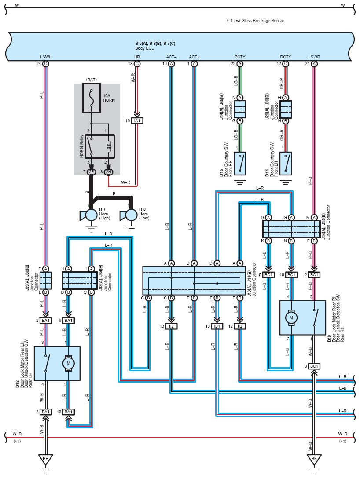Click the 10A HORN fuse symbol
pos(92,98)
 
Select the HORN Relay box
pos(99,146)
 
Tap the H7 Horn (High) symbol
pos(88,215)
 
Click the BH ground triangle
pos(45,459)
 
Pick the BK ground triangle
pos(314,459)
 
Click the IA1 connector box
pos(137,121)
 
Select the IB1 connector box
pos(217,326)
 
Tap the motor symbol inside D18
pos(68,363)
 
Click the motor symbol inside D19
pos(291,317)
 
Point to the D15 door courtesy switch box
pos(240,164)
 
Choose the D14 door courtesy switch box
pos(286,164)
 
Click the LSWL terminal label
pos(45,57)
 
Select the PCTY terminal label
pos(240,57)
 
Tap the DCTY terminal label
pos(286,57)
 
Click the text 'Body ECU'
pos(145,48)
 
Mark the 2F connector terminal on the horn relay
pos(91,172)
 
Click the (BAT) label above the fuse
pos(92,80)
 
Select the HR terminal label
pos(137,57)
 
